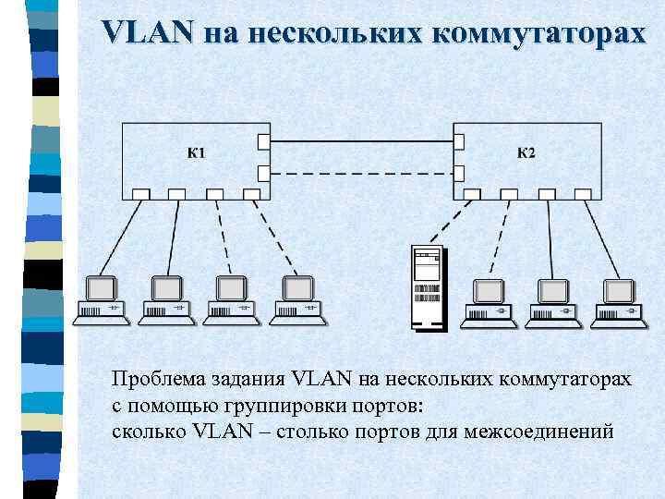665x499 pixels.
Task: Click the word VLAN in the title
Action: pos(148,33)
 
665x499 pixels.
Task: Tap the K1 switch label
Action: pos(197,152)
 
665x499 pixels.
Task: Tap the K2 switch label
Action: pos(525,152)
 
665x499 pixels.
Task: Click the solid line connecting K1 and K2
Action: pos(360,141)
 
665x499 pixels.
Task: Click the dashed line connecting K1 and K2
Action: pos(360,172)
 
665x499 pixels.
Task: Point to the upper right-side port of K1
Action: pos(264,141)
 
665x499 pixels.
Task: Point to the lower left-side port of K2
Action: pos(458,172)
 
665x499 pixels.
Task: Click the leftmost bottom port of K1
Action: pos(140,194)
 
